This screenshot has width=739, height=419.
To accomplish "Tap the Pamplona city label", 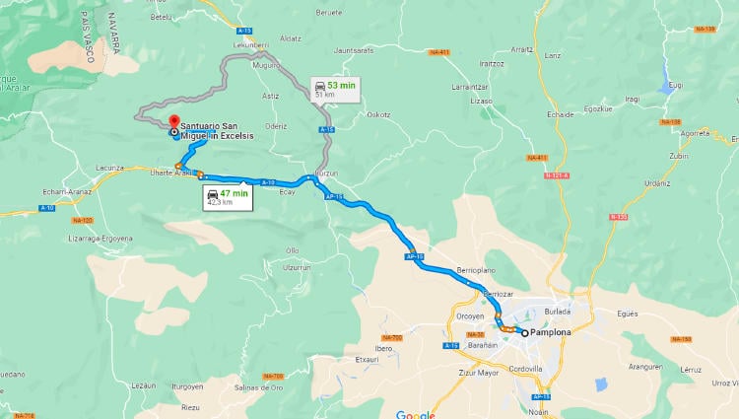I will (x=551, y=333).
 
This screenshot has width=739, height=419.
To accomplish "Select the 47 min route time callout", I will (x=226, y=197).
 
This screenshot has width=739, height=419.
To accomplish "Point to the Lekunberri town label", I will (x=250, y=45).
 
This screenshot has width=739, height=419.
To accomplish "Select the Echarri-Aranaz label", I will (x=68, y=191).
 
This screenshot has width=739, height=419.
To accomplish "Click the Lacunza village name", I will (x=110, y=168).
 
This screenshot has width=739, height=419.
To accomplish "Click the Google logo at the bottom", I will (x=415, y=414).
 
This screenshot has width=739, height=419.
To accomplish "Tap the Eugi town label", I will (x=675, y=86).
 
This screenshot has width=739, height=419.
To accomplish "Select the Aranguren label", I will (x=645, y=366).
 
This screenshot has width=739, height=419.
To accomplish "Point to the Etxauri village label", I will (x=366, y=360).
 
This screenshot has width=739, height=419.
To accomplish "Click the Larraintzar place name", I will (x=471, y=87).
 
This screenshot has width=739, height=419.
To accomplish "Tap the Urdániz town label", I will (x=657, y=182).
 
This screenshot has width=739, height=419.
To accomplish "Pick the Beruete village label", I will (x=329, y=13).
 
